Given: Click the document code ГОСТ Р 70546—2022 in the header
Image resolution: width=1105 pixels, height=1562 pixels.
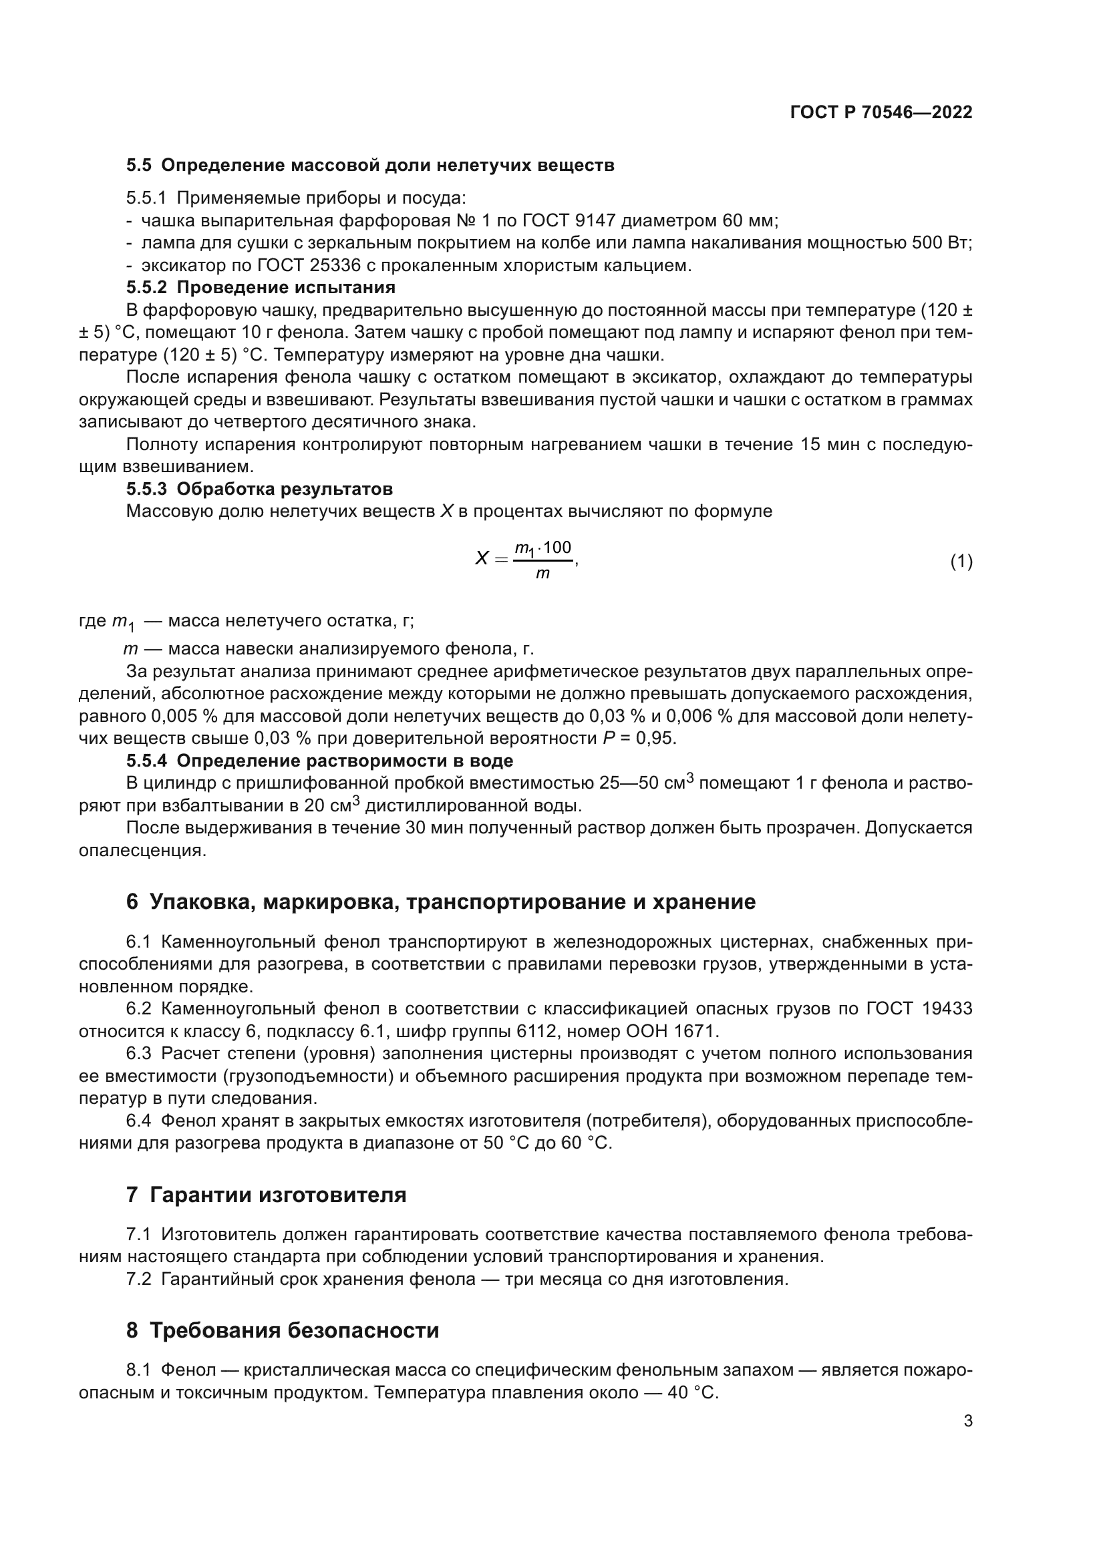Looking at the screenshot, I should coord(881,113).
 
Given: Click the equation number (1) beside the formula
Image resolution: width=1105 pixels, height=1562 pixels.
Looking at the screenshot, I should coord(961,561).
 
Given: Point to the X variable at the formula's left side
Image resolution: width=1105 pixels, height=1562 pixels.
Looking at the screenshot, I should coord(481,559).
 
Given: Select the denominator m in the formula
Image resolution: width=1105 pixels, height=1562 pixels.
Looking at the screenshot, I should coord(542,574).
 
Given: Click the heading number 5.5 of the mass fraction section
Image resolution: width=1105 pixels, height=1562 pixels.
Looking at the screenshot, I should coord(140,166).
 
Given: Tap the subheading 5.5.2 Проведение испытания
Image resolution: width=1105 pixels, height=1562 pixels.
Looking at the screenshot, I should coord(261,287).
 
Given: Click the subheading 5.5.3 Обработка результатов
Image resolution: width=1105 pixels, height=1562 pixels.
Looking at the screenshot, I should coord(259,489).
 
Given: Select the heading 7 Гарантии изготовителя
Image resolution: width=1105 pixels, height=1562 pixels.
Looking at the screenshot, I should coord(266,1195).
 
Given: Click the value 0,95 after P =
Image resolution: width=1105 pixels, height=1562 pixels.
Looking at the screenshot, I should coord(657,738).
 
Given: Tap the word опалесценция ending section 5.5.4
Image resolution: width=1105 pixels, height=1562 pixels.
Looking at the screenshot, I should coord(142,850).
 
